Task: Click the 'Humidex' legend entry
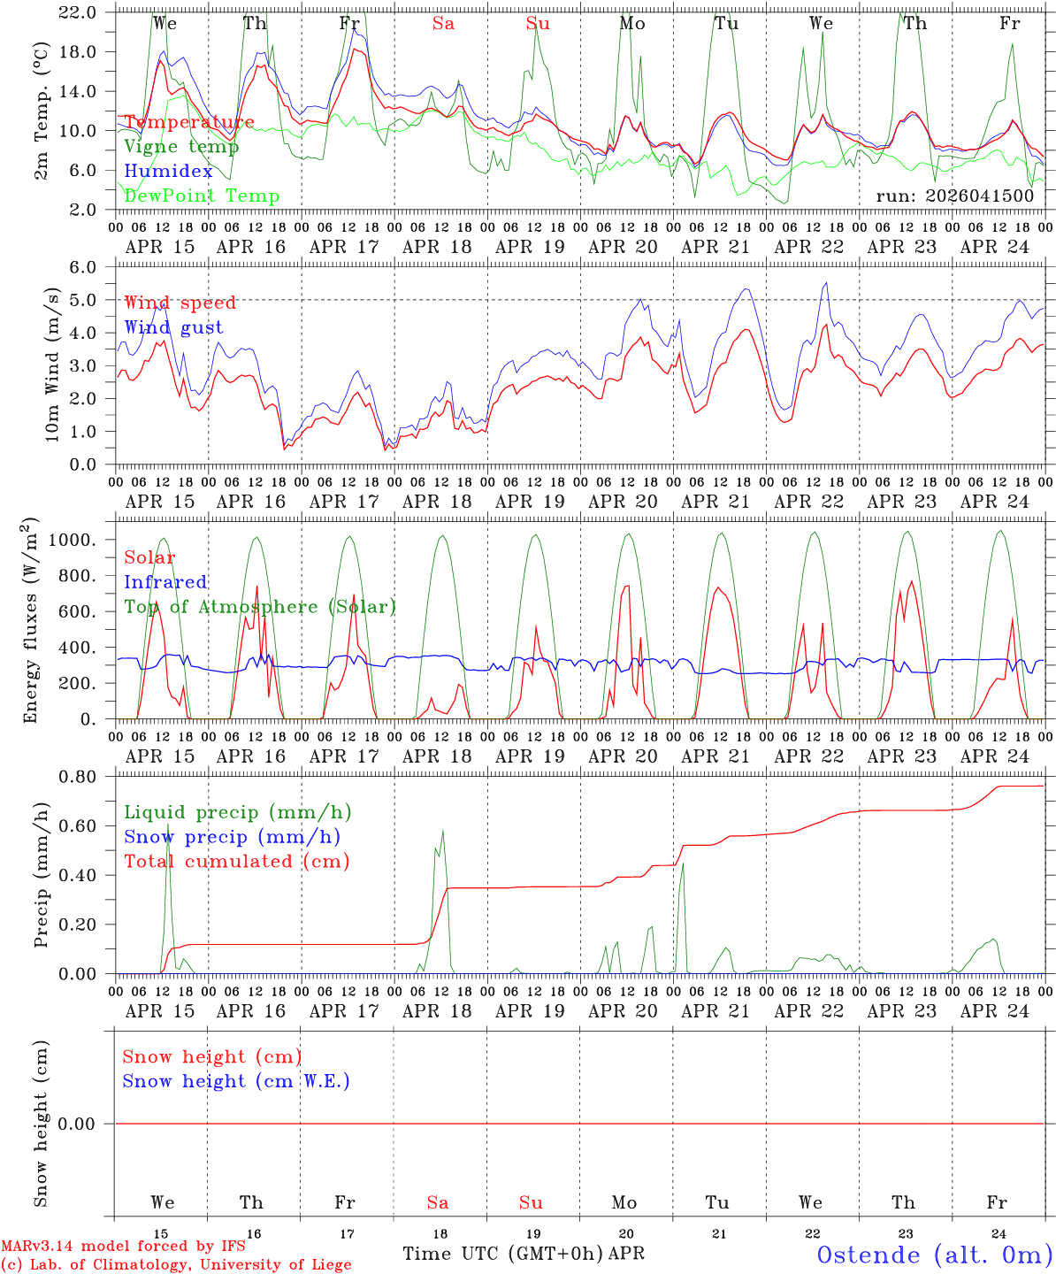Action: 168,172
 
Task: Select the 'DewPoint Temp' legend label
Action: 202,196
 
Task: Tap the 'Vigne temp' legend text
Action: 175,147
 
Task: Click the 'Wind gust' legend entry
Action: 173,327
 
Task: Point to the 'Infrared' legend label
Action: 165,582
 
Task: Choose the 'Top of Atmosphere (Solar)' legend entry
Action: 259,607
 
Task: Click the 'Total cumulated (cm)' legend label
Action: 236,862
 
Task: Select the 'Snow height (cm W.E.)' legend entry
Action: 236,1081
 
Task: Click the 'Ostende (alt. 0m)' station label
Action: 934,1255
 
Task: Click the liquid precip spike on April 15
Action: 168,827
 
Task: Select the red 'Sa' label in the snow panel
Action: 438,1202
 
